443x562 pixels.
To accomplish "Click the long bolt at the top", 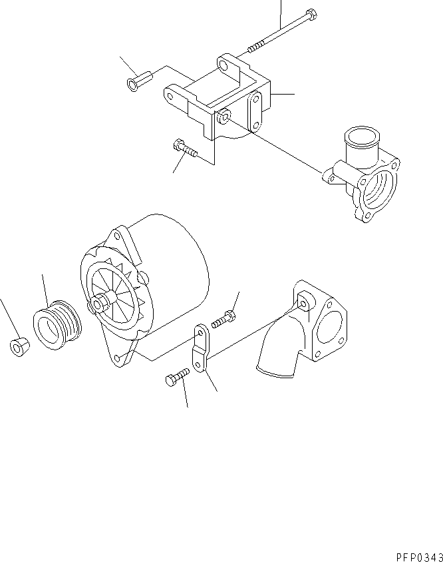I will click(x=283, y=30).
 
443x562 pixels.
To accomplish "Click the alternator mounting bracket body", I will click(x=220, y=100).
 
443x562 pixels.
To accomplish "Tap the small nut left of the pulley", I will click(x=18, y=346).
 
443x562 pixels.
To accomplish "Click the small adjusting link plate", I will click(x=200, y=347).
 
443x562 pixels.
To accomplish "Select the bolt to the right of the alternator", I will click(x=223, y=319).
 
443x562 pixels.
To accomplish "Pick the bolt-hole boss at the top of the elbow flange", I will click(x=305, y=304).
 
